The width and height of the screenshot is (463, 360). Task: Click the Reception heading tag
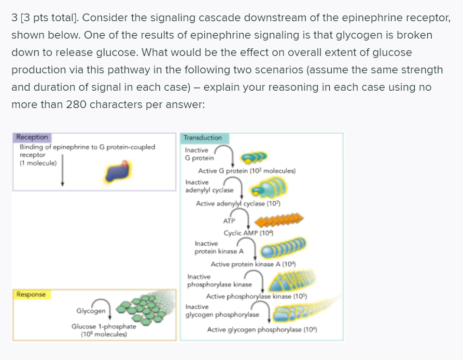32,138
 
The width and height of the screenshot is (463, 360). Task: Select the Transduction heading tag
203,138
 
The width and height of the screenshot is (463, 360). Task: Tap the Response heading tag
31,294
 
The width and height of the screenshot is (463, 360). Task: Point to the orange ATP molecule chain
280,221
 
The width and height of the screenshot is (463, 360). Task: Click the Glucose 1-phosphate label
103,326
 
